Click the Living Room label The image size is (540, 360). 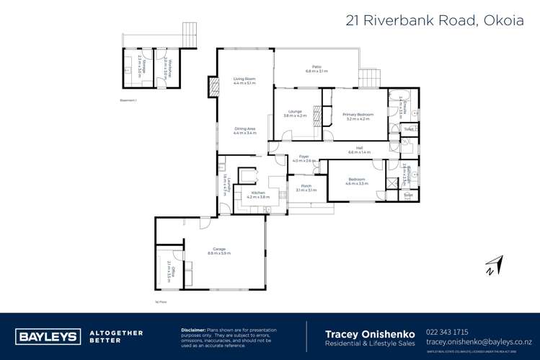coord(244,80)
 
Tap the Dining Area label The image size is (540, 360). coord(244,131)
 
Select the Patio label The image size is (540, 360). coord(317,69)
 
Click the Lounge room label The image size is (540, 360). coord(294,113)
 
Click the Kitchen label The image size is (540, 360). coord(258,194)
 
